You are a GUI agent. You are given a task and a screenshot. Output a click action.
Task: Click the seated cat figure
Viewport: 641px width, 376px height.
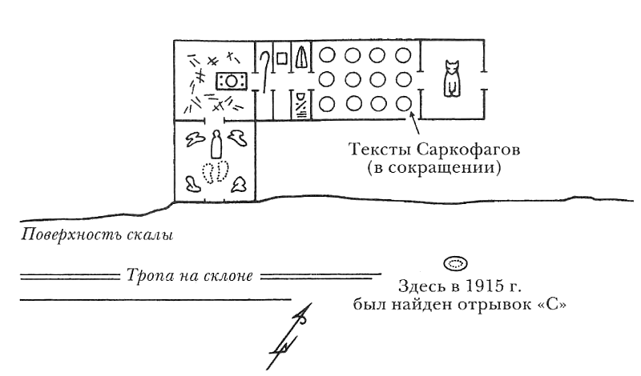tap(453, 78)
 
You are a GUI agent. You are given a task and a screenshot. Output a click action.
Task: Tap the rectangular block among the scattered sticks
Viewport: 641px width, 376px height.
tap(231, 80)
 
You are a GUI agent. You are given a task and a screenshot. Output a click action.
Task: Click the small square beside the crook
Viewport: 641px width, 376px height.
tap(281, 58)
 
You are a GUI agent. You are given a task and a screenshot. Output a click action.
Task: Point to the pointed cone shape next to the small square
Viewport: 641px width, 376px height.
tap(300, 59)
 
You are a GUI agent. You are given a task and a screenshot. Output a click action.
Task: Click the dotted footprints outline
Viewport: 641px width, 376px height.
tap(215, 171)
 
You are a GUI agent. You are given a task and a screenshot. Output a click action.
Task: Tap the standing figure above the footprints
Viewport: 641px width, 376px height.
tap(215, 143)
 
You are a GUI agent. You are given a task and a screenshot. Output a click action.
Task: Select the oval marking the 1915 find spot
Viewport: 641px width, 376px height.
tap(456, 263)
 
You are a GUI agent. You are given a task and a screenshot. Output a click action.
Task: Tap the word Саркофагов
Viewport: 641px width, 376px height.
tap(466, 151)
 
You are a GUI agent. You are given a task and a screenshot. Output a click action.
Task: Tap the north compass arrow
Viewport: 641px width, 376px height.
tap(290, 336)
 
